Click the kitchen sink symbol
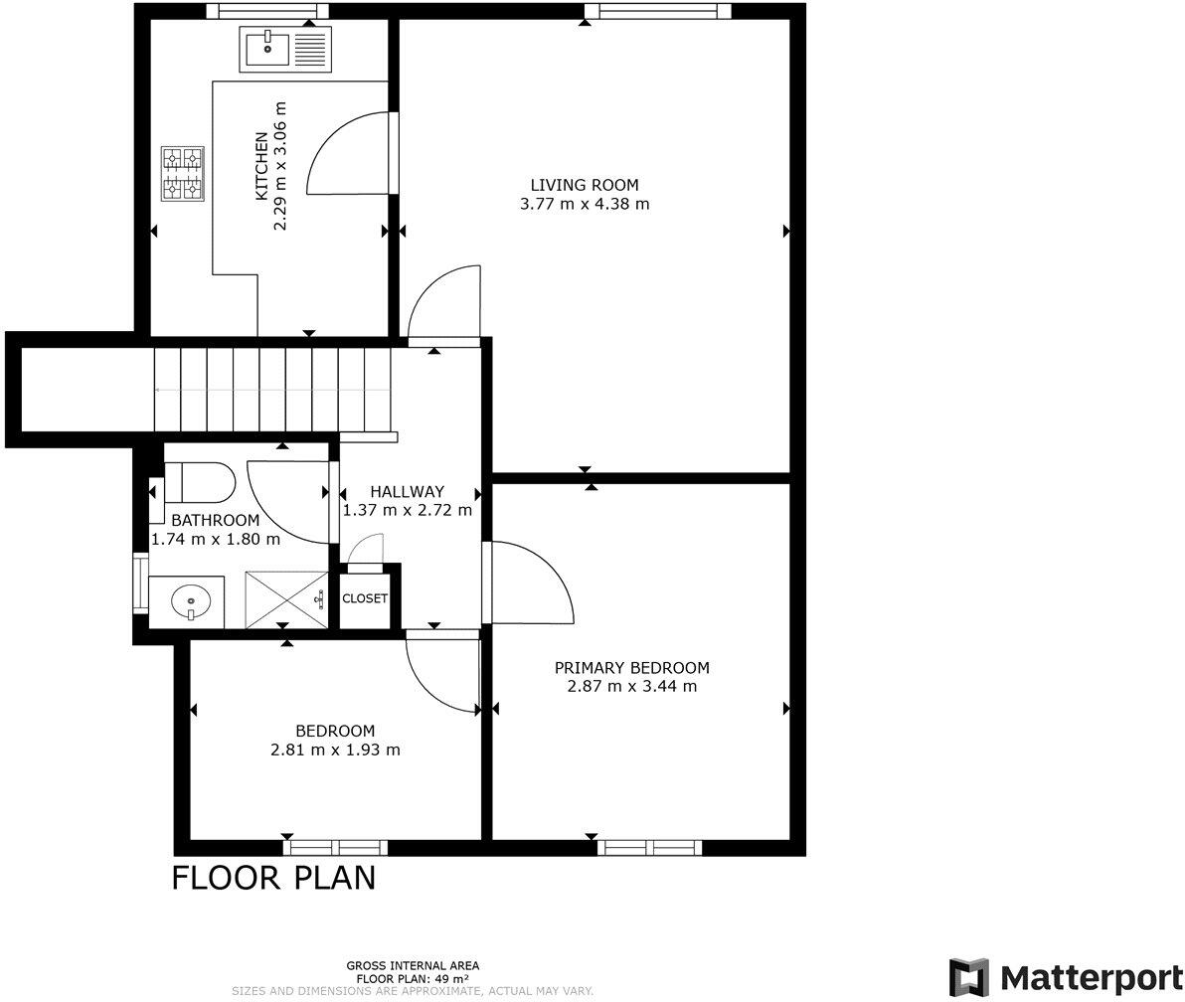coord(282,49)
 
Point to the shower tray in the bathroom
coord(285,599)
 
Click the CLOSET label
coord(365,598)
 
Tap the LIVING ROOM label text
coord(584,185)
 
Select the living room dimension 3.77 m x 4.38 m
coord(584,205)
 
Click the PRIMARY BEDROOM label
coord(631,668)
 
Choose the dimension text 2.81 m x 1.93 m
coord(335,751)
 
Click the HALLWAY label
coord(407,491)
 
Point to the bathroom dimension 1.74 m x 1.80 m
coord(215,540)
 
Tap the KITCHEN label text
coord(261,166)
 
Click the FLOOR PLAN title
coord(273,879)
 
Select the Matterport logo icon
coord(968,977)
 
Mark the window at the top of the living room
coord(657,11)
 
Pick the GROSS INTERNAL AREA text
coord(413,965)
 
